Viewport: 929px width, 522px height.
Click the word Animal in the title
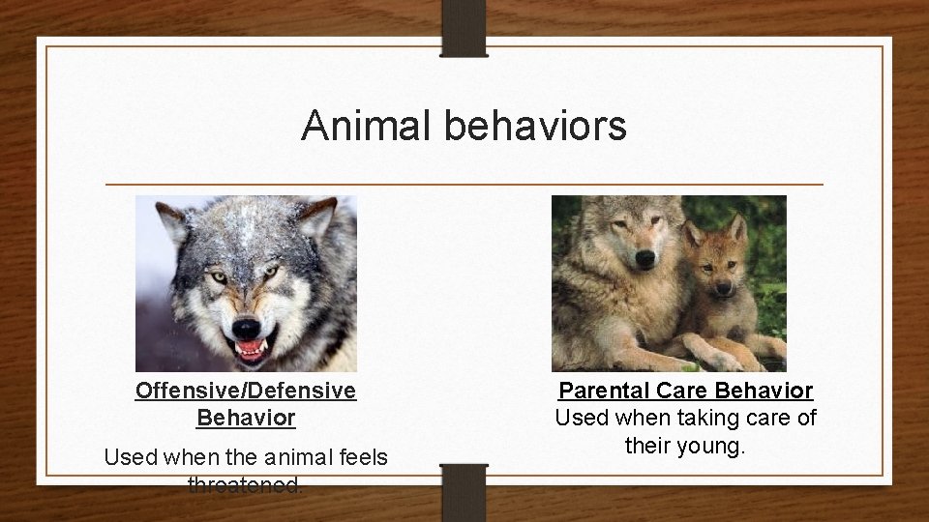coord(367,127)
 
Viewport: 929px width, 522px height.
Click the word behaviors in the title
coord(536,127)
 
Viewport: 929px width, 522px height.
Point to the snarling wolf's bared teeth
coord(250,349)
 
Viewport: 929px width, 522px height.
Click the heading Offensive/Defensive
coord(246,391)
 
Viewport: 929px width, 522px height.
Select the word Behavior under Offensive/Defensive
coord(246,419)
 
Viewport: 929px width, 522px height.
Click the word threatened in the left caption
coord(246,484)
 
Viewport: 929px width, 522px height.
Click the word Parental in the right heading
coord(603,391)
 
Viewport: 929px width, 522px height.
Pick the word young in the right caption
coord(710,448)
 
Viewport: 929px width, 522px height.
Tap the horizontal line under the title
coord(464,184)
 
